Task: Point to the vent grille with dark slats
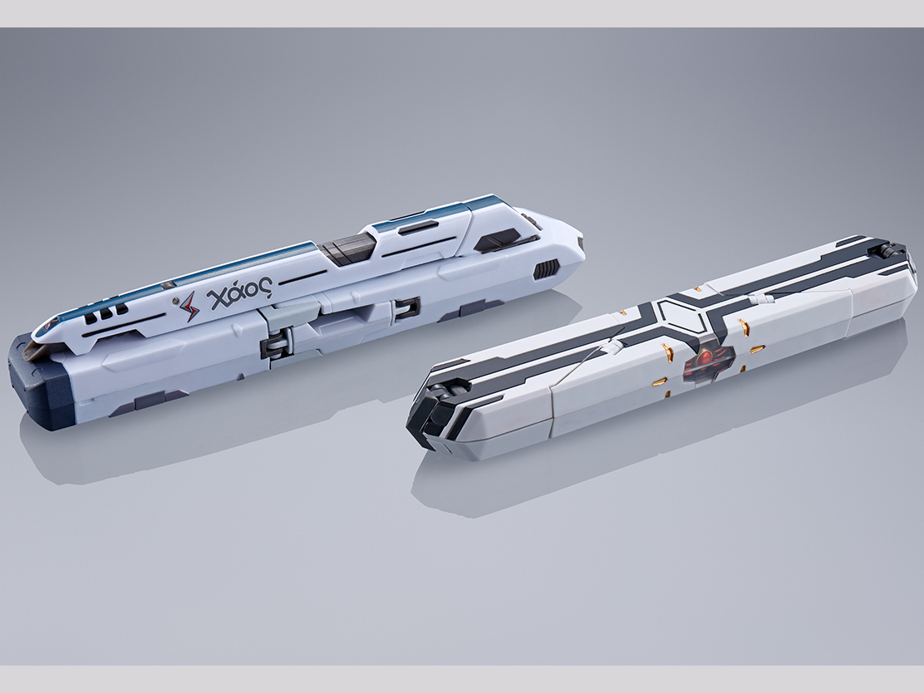546,268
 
